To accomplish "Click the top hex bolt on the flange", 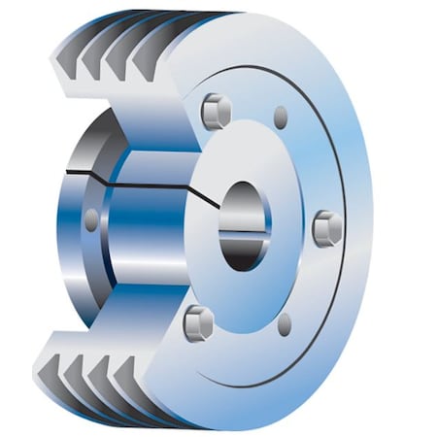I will click(216, 111).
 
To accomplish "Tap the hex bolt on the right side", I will click(327, 228).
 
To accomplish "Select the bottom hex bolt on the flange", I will click(198, 321).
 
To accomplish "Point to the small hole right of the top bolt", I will click(281, 118).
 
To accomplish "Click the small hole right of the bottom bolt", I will click(285, 324).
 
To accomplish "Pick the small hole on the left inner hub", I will click(91, 219).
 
